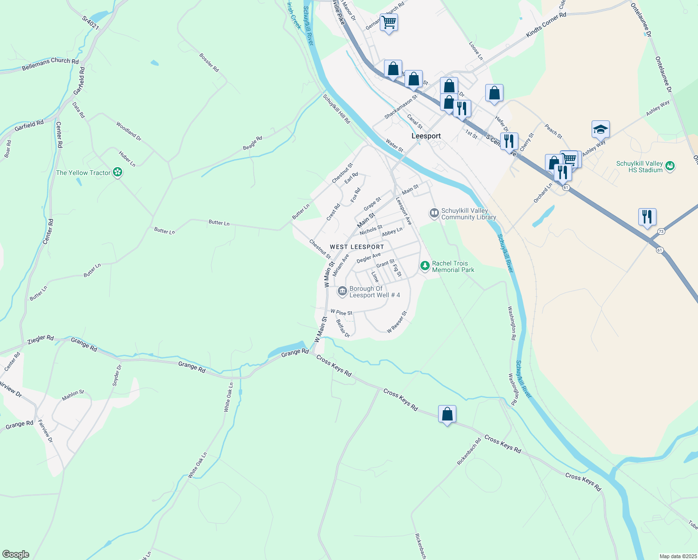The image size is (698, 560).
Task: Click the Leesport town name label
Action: [x=426, y=136]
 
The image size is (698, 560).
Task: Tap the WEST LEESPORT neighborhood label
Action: [x=357, y=247]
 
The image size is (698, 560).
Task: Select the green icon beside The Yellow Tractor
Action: [x=118, y=173]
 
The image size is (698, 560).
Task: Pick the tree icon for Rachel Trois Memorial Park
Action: [x=425, y=266]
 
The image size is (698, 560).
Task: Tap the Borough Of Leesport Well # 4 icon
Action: [x=342, y=292]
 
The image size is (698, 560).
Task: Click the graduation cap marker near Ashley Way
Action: [x=600, y=129]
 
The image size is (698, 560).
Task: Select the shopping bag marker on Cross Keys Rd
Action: [x=447, y=414]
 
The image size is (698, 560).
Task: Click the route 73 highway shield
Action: [x=661, y=231]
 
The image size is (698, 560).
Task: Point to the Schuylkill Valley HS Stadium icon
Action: [x=670, y=166]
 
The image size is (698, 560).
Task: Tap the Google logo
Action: [x=15, y=554]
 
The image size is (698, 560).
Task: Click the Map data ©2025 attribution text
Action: [x=677, y=556]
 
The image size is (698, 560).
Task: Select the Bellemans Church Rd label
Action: [x=50, y=64]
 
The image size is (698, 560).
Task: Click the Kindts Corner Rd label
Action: [x=546, y=25]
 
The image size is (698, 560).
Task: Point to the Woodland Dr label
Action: [x=129, y=131]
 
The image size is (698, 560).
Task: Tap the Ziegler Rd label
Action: [x=41, y=339]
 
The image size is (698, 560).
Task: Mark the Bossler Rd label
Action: [x=209, y=63]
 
